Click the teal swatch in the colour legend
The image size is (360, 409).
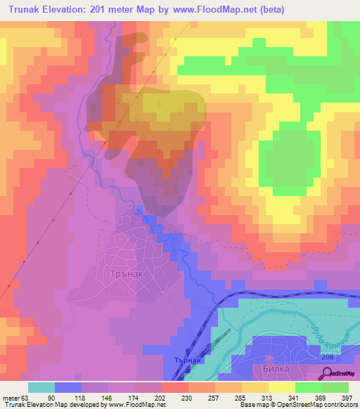[x=41, y=387]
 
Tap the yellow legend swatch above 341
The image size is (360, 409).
[x=282, y=387]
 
